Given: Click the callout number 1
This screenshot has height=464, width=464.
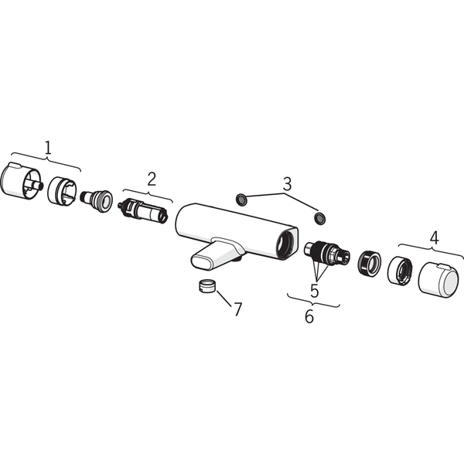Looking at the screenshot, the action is click(48, 148).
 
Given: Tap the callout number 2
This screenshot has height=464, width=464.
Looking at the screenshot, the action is click(152, 179).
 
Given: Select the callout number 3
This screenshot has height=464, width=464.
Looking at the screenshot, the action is click(287, 184).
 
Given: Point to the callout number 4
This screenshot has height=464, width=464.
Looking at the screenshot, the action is click(434, 237).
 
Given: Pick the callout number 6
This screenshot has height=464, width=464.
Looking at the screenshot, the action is click(309, 316).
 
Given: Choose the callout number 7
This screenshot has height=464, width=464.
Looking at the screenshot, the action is click(237, 309).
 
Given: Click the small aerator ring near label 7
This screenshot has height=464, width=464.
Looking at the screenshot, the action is click(206, 286).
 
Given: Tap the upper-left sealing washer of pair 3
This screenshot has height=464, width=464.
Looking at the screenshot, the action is click(241, 200).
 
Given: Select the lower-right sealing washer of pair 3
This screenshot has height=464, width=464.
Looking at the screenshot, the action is click(320, 217).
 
